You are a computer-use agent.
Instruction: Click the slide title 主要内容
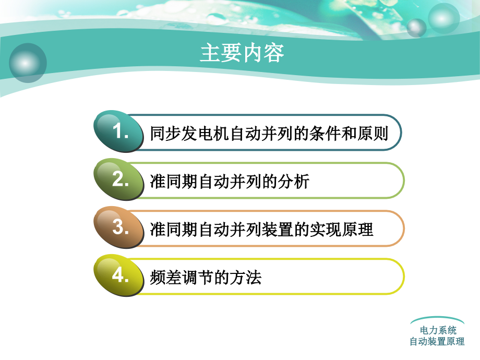point(242,53)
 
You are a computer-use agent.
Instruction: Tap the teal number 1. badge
point(119,131)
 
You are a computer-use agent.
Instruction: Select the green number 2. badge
point(119,179)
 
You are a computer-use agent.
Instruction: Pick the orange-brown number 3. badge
point(119,227)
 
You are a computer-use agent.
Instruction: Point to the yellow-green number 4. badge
point(119,275)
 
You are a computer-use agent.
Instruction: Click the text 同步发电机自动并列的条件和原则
point(269,134)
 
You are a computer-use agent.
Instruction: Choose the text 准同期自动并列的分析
point(230,182)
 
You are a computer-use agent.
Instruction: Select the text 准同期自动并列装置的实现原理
point(261,230)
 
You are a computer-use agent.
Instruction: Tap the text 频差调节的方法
point(205,278)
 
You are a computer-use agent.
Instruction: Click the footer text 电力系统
point(438,330)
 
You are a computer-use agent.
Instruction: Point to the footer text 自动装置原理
point(437,342)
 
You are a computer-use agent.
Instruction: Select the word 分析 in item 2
point(297,182)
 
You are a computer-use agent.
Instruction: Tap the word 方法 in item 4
point(248,278)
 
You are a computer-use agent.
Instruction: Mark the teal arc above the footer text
point(437,319)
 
